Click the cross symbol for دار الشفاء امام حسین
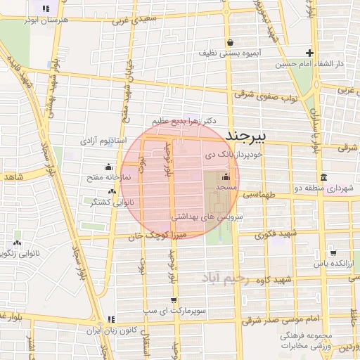(x=309, y=53)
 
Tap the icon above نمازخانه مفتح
(x=108, y=167)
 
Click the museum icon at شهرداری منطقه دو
(x=323, y=176)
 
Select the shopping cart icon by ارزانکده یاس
(x=333, y=253)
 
